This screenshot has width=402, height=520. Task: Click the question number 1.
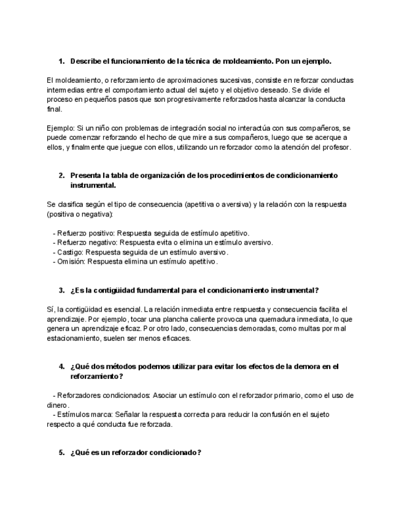pos(61,62)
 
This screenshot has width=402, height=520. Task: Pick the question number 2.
pos(61,175)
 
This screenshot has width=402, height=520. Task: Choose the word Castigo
pos(69,252)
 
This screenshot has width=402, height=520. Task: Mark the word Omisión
pos(70,261)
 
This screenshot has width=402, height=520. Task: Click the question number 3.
pos(61,290)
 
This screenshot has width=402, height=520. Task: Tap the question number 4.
pos(61,367)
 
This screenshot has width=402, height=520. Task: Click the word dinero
pos(57,405)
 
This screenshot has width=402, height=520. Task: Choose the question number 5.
pos(61,453)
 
